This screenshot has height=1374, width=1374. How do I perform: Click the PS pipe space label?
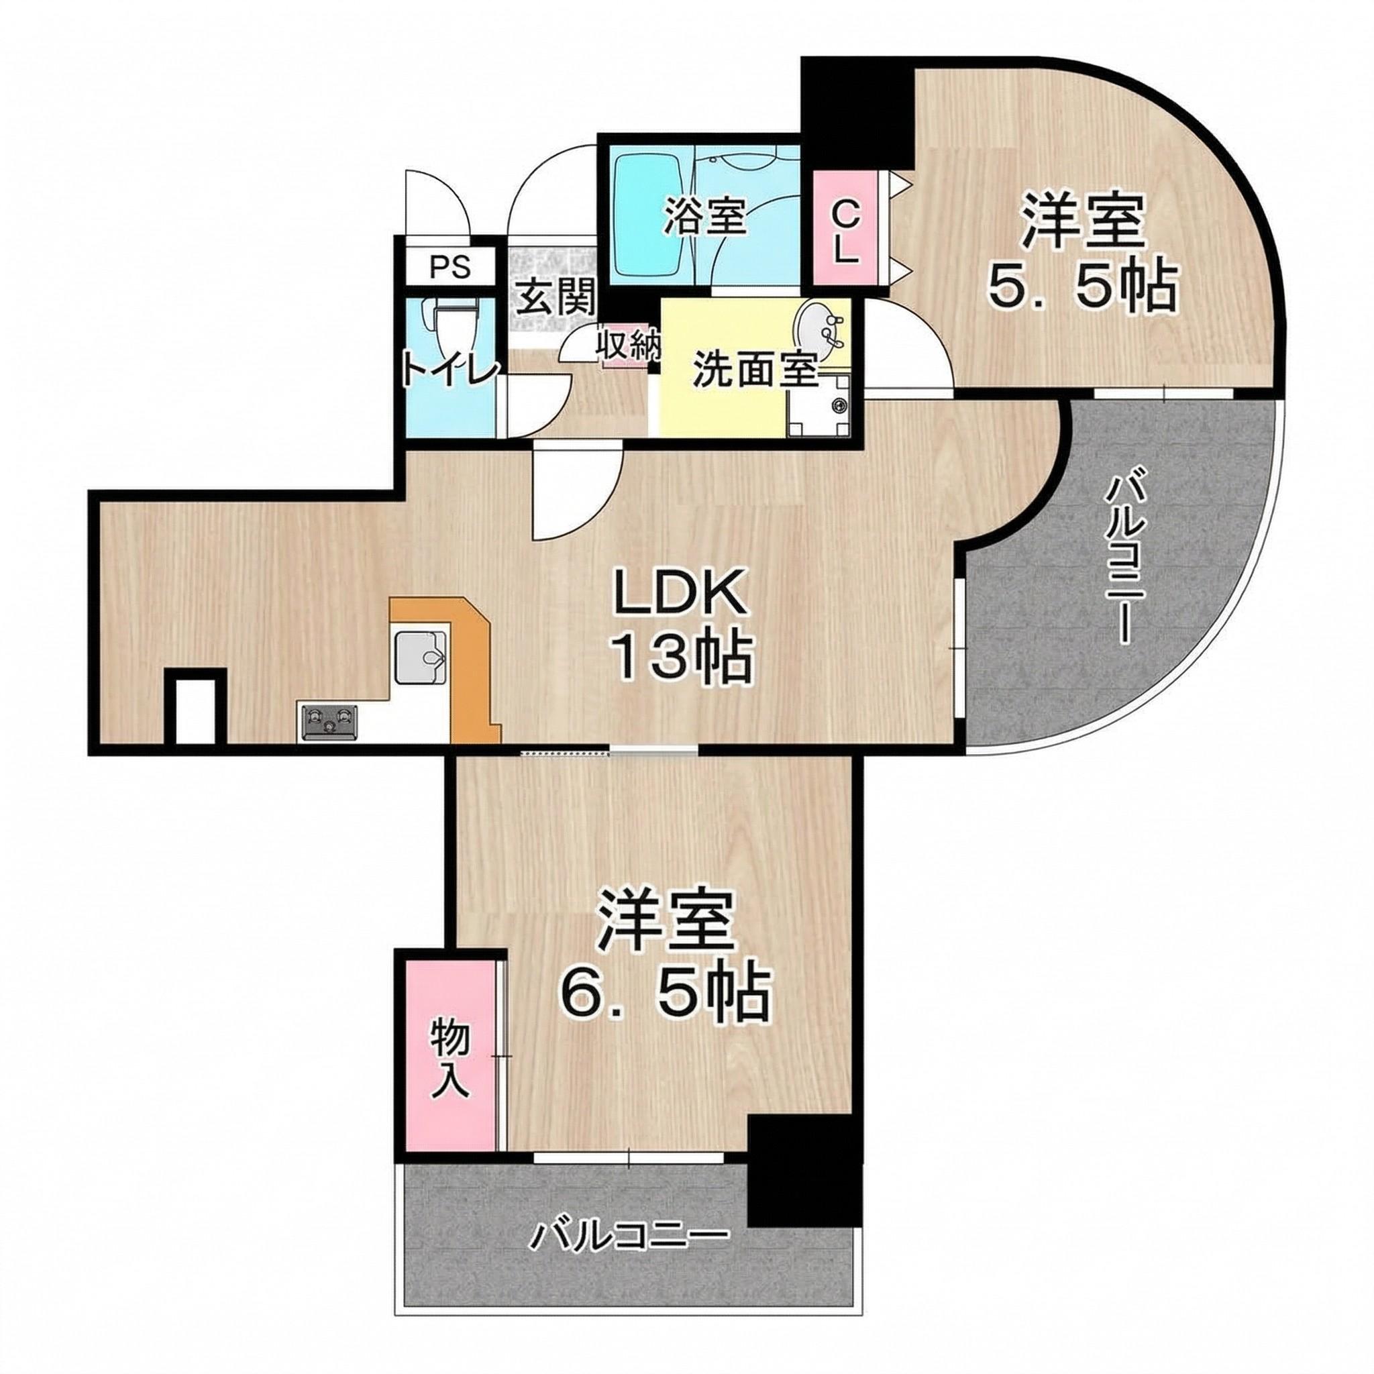pyautogui.click(x=450, y=268)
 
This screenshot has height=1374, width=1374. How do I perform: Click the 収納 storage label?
pyautogui.click(x=629, y=346)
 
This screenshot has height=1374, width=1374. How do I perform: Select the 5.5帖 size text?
pyautogui.click(x=1081, y=288)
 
